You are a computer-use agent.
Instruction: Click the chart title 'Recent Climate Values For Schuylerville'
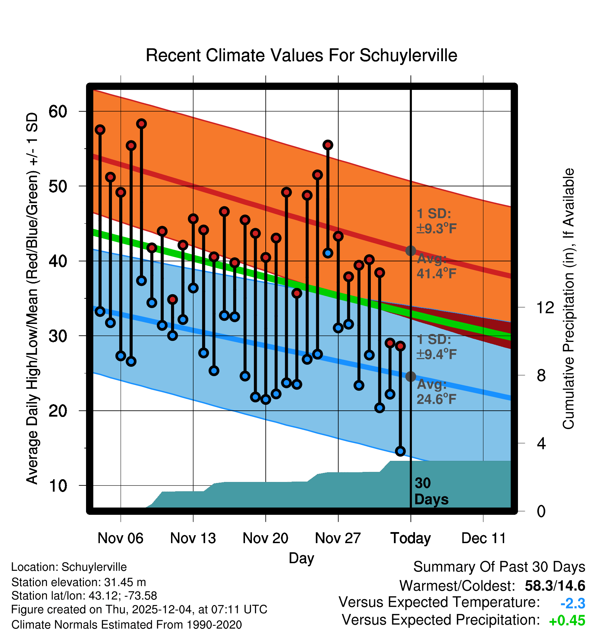tap(301, 55)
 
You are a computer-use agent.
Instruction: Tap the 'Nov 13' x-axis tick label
tap(193, 538)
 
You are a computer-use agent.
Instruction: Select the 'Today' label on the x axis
tap(410, 538)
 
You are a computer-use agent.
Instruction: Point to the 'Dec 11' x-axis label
tap(483, 538)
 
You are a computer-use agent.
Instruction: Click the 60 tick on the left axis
tap(58, 111)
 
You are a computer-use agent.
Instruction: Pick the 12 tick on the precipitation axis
tap(545, 307)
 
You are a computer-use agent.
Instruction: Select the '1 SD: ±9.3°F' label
tap(436, 221)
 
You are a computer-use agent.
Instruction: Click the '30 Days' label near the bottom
tap(431, 491)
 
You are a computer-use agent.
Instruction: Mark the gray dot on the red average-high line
tap(410, 251)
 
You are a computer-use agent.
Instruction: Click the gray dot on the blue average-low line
tap(410, 377)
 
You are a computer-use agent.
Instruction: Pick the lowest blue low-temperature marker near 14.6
tap(400, 451)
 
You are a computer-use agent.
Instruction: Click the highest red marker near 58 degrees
tap(141, 124)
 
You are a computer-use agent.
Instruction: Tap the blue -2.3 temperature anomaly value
tap(573, 604)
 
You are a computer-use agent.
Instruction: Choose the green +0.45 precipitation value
tap(567, 621)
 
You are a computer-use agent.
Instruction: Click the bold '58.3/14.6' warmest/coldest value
tap(555, 586)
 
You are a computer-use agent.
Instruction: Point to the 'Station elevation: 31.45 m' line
tap(78, 582)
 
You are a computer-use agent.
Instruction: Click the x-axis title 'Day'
tap(301, 558)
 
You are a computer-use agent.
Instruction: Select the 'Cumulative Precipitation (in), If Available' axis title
tap(568, 299)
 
